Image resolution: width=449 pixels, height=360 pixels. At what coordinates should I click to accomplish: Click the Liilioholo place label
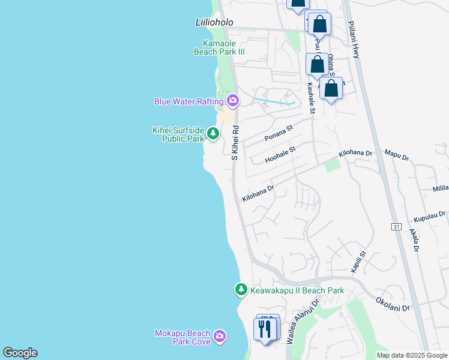(214, 22)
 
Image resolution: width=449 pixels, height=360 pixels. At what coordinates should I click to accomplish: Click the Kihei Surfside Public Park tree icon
(212, 133)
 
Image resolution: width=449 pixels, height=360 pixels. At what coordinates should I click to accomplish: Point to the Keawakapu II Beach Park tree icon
(241, 290)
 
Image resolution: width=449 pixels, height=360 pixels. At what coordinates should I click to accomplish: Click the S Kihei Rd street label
(236, 142)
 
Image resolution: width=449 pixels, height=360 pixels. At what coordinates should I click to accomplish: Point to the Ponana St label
(279, 133)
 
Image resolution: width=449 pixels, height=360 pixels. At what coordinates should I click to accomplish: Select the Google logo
(20, 353)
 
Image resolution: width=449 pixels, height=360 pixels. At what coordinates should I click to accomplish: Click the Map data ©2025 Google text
(412, 355)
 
